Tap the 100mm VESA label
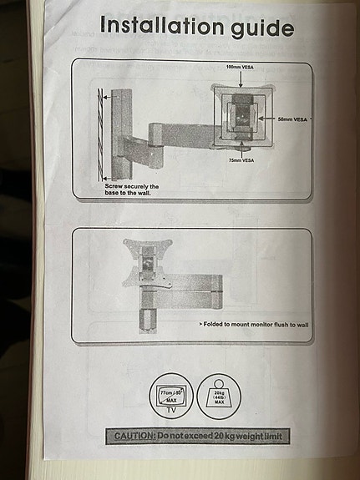pyautogui.click(x=241, y=66)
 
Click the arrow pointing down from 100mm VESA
pyautogui.click(x=241, y=78)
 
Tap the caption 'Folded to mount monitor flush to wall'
pyautogui.click(x=253, y=323)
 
